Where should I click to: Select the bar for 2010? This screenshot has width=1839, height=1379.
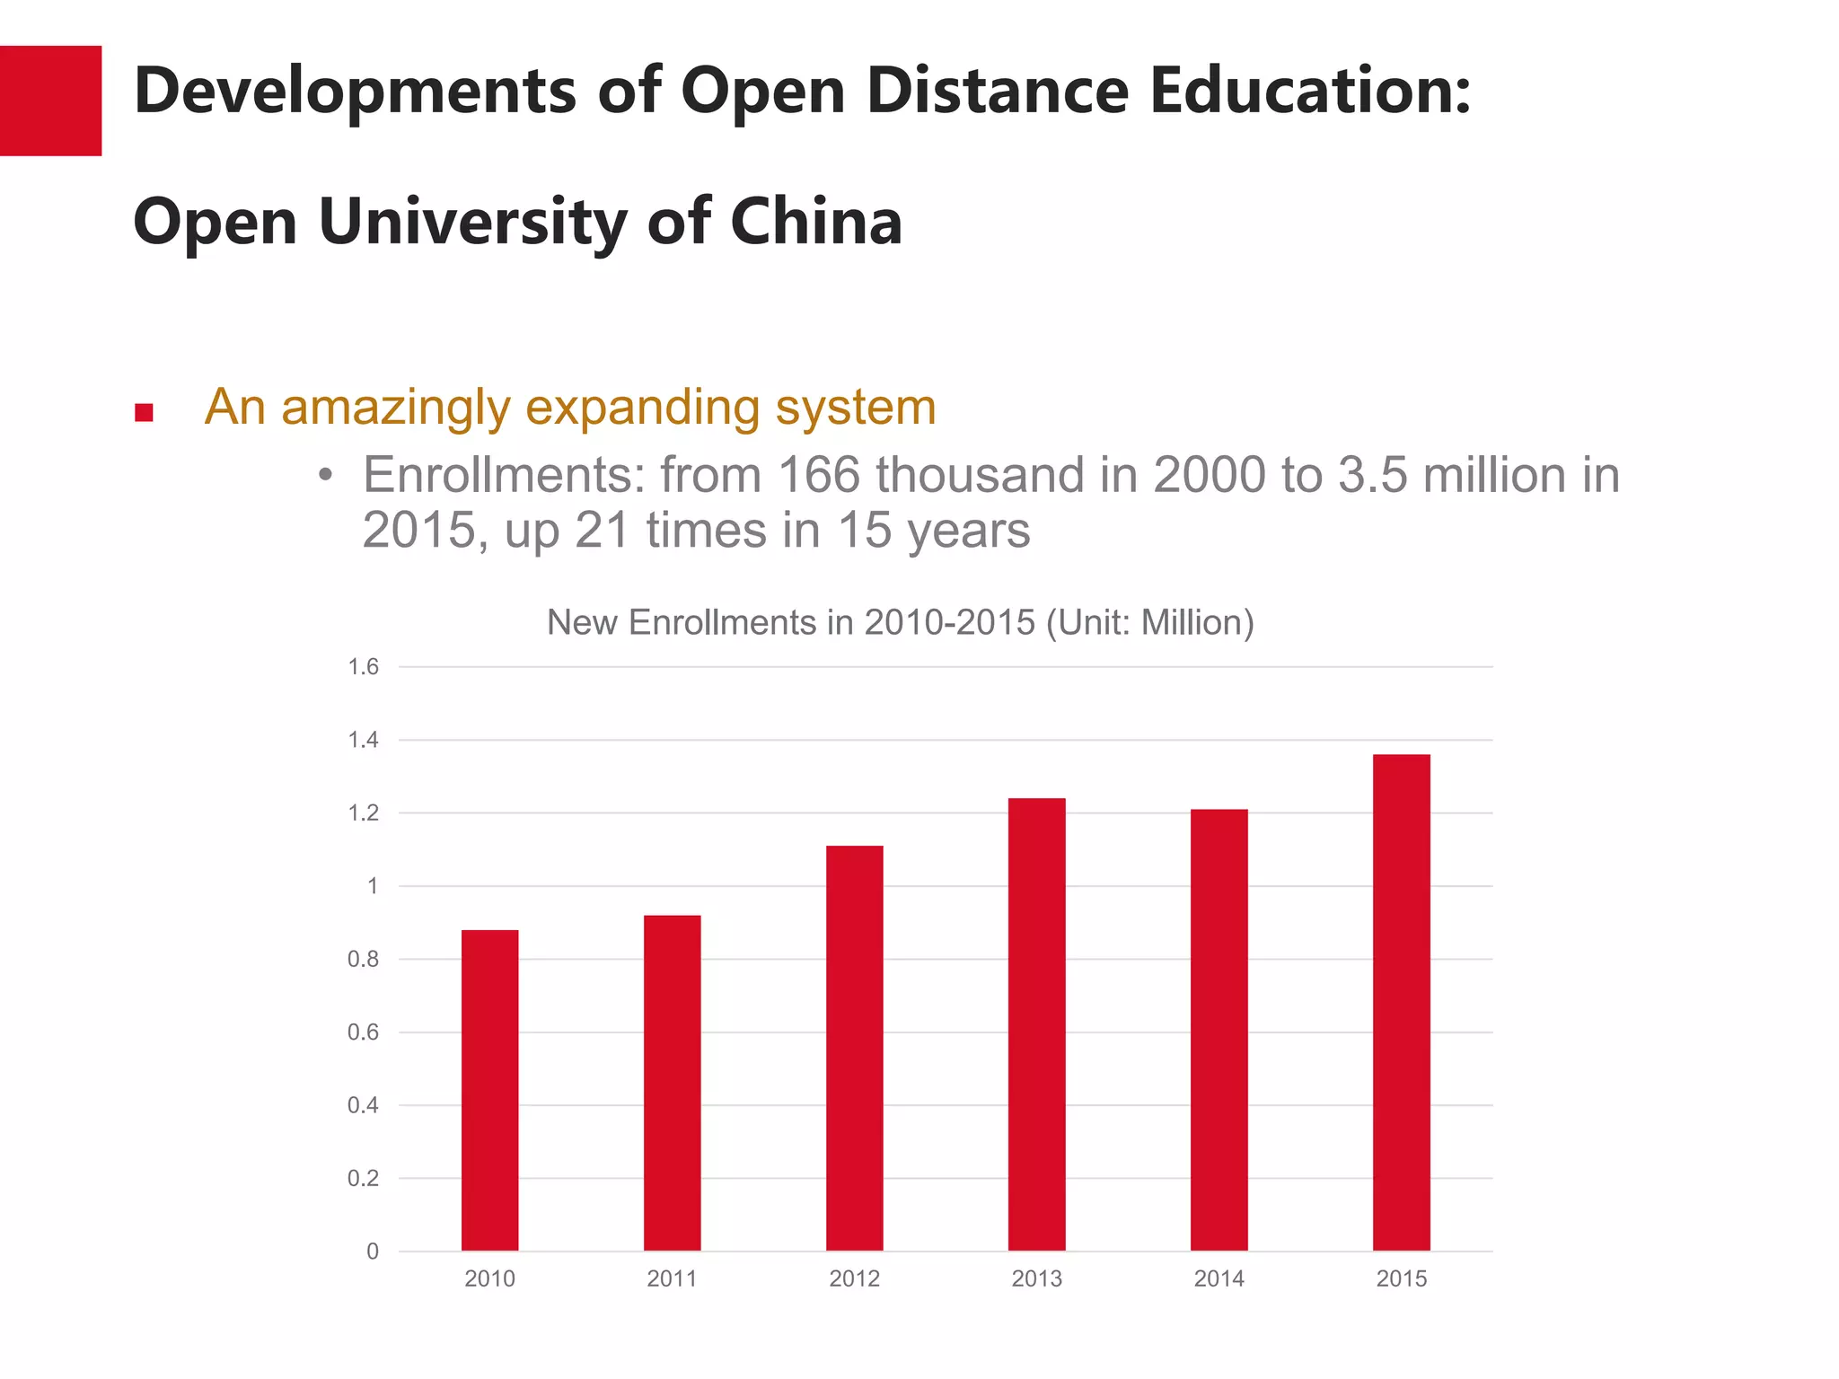click(x=489, y=1090)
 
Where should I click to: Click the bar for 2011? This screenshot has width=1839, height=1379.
click(x=672, y=1083)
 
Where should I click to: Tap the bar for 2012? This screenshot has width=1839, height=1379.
click(x=854, y=1048)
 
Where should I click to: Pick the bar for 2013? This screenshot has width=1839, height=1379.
click(x=1036, y=1023)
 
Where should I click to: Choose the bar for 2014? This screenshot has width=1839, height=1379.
click(x=1219, y=1030)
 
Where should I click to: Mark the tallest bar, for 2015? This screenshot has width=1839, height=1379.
click(x=1401, y=1002)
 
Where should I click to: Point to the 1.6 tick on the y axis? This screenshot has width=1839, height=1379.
click(x=363, y=666)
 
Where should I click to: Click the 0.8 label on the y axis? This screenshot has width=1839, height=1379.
click(x=363, y=959)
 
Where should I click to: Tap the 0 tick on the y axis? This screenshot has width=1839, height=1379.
click(x=372, y=1252)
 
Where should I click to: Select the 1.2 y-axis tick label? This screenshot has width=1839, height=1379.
click(x=363, y=813)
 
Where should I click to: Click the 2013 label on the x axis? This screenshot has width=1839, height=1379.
click(x=1036, y=1278)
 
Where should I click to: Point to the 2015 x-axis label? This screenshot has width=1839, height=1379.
click(x=1401, y=1278)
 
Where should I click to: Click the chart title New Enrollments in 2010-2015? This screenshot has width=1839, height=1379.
click(x=900, y=622)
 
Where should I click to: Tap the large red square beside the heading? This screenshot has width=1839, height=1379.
click(x=50, y=101)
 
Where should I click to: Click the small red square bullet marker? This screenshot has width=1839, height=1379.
click(x=144, y=412)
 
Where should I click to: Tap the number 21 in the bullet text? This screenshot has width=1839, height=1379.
click(x=601, y=530)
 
